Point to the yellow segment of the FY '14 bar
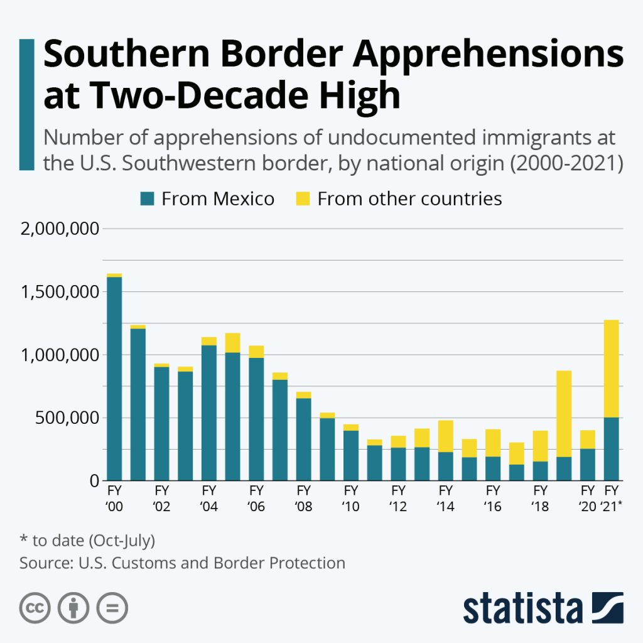point(445,436)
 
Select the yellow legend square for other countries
point(303,199)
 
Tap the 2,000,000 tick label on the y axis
point(60,229)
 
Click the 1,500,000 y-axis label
point(60,292)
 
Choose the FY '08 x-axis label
point(303,498)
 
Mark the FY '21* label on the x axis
point(611,498)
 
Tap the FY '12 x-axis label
point(398,498)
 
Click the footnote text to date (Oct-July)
point(87,540)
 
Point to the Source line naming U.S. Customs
point(182,563)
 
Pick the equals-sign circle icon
point(112,608)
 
